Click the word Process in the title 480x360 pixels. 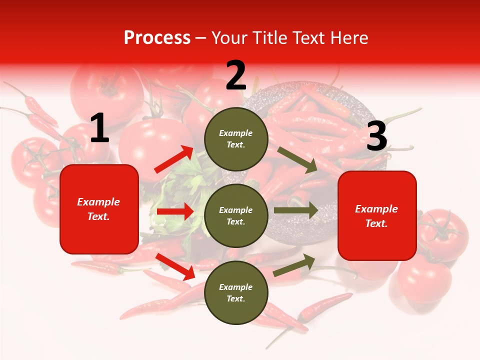(x=157, y=38)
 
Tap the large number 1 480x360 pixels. (x=99, y=128)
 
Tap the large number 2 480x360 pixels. (x=236, y=75)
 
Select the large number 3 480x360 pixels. (x=376, y=136)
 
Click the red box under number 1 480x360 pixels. (x=99, y=209)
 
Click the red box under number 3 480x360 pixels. (x=377, y=216)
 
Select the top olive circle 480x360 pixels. (x=236, y=138)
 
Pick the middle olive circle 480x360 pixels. (x=236, y=215)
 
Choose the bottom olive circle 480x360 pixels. (x=236, y=292)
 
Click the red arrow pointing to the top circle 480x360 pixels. (x=174, y=159)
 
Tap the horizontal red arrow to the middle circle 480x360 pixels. (x=174, y=211)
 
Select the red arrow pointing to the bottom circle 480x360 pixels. (x=175, y=266)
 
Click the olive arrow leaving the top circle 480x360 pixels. (x=297, y=160)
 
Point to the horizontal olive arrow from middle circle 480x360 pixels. (x=295, y=210)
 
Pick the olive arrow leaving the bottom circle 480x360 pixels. (x=294, y=265)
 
